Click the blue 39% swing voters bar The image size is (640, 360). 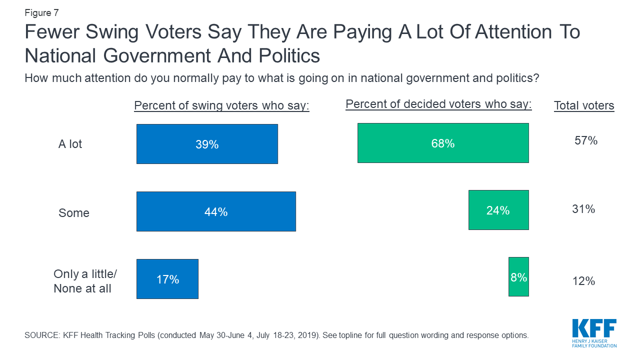click(x=207, y=144)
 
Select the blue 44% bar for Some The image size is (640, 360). click(x=216, y=211)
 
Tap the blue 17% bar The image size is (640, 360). click(x=167, y=279)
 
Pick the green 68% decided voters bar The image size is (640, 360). click(x=443, y=143)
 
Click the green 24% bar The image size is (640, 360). click(x=498, y=210)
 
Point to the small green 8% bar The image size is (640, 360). click(x=518, y=277)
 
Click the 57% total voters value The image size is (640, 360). click(x=586, y=141)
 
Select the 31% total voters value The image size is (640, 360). click(x=583, y=209)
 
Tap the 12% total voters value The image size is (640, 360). click(x=583, y=281)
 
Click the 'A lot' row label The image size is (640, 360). click(x=70, y=144)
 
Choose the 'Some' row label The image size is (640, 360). click(x=74, y=213)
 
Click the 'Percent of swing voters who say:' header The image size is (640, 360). click(x=221, y=106)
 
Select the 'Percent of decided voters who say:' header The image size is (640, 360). click(x=438, y=104)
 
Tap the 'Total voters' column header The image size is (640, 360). click(x=584, y=106)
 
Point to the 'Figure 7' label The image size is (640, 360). click(x=41, y=13)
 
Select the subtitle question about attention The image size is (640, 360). click(x=281, y=78)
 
